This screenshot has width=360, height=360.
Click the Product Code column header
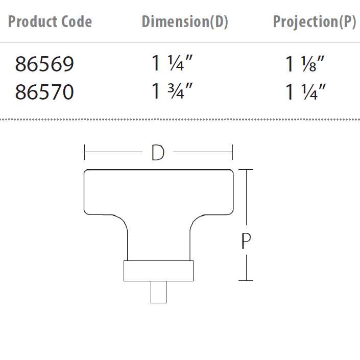pyautogui.click(x=50, y=21)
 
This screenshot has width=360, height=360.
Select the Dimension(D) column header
pyautogui.click(x=185, y=21)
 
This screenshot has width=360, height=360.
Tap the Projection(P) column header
pyautogui.click(x=315, y=21)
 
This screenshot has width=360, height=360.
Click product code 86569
pyautogui.click(x=44, y=64)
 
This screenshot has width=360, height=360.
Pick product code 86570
pyautogui.click(x=44, y=92)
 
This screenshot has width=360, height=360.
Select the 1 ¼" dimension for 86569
pyautogui.click(x=172, y=63)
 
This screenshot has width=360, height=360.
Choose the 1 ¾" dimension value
pyautogui.click(x=172, y=91)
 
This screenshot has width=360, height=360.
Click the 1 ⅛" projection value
pyautogui.click(x=305, y=64)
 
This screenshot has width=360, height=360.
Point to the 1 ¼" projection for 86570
pyautogui.click(x=305, y=92)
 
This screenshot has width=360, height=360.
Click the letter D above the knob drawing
pyautogui.click(x=158, y=153)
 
